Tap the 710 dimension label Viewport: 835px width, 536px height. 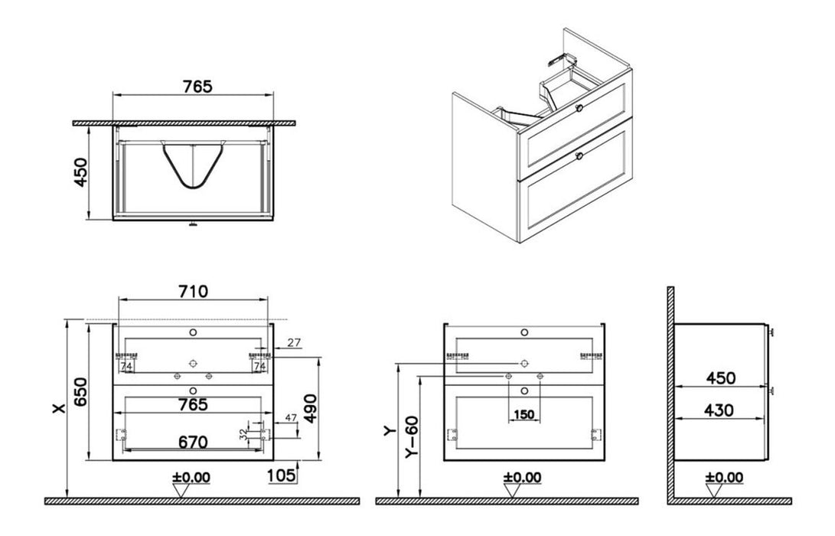192,291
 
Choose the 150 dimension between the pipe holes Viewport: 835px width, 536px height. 524,415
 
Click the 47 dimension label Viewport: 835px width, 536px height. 290,418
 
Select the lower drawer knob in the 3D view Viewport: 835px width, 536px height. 579,156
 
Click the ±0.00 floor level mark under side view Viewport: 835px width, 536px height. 723,477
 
